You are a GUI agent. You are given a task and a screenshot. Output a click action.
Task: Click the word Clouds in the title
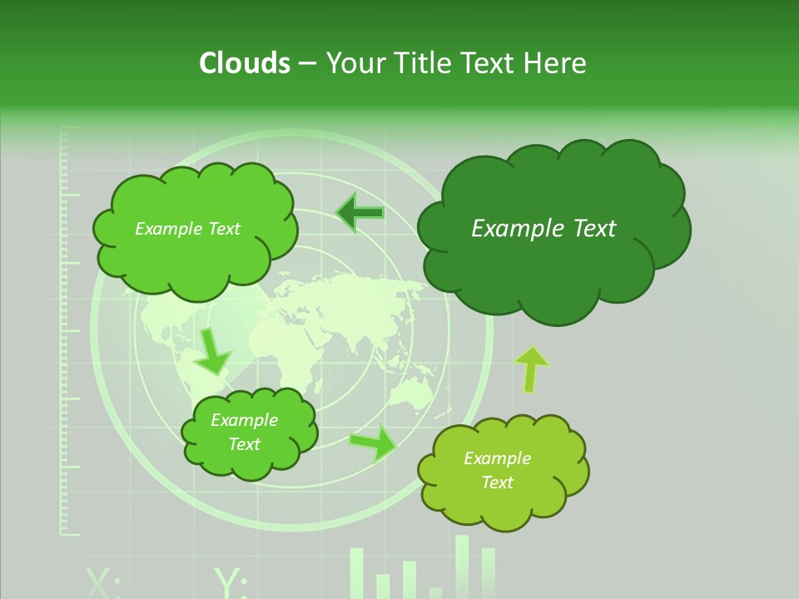coord(244,63)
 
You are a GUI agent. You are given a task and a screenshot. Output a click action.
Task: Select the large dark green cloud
coord(553,230)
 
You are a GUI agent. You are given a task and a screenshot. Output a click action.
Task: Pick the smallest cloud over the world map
coord(249,433)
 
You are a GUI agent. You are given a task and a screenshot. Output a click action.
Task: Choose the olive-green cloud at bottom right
coord(502,471)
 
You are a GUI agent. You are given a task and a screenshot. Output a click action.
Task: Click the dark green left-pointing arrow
coord(360,213)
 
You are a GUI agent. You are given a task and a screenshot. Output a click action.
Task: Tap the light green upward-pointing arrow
coord(531,368)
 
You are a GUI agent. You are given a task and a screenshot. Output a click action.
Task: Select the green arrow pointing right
coord(373,442)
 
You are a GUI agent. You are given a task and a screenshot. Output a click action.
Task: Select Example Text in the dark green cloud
coord(543,229)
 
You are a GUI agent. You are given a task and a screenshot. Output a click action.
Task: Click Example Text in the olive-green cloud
coord(497,470)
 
